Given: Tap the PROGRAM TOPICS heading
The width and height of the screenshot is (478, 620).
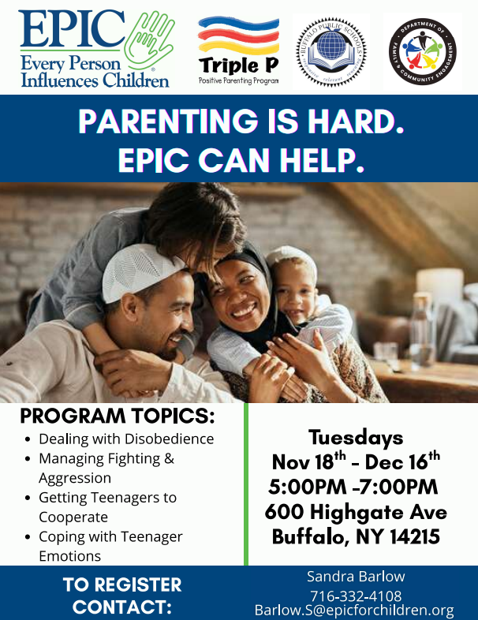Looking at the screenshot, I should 117,416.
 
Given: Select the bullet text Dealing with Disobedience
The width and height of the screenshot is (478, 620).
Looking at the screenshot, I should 126,439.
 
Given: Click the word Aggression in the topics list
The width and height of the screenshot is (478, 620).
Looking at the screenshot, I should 75,478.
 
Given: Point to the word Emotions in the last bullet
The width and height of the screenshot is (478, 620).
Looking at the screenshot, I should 69,555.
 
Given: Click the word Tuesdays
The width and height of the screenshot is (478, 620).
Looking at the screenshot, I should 356,438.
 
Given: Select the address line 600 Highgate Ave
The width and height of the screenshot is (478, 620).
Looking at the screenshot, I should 356,512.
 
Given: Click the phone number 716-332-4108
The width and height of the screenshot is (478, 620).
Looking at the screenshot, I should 356,596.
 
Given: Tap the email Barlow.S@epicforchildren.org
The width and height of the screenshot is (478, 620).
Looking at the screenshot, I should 354,611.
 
